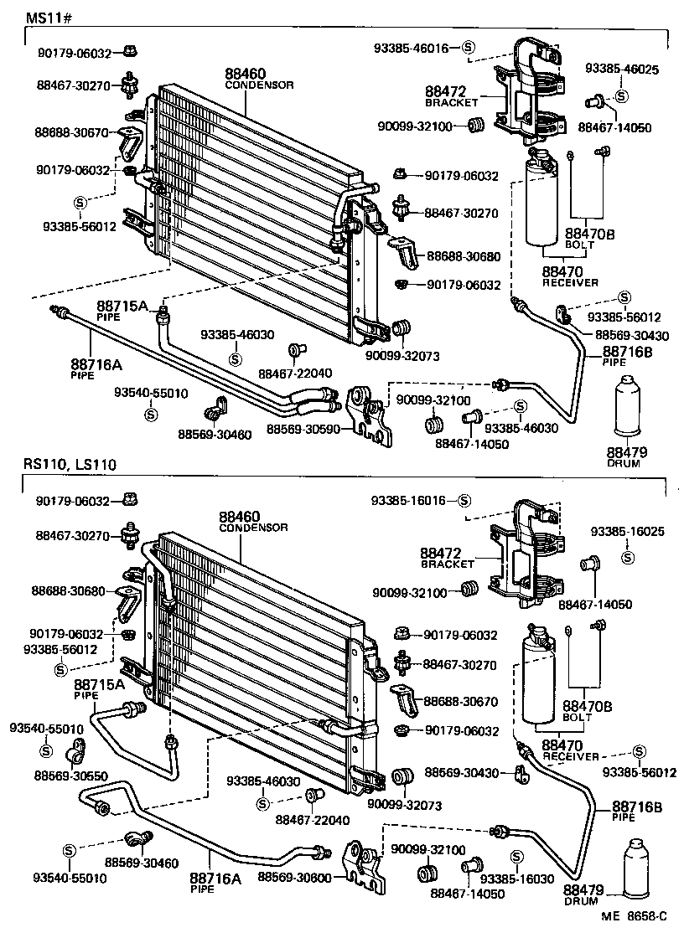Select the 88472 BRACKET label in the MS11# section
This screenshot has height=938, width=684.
(x=450, y=95)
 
